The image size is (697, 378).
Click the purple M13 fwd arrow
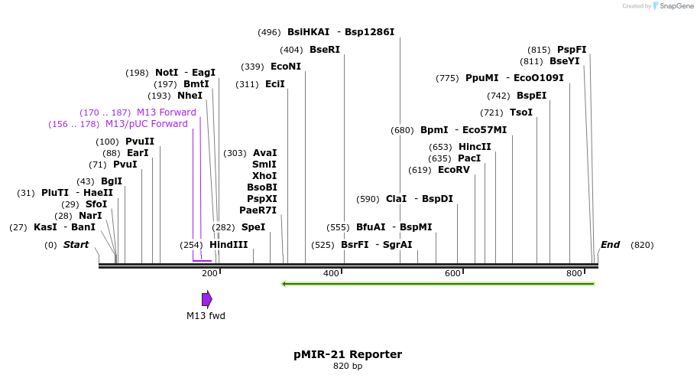206,299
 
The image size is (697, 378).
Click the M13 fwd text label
206,315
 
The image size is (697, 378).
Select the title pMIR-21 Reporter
348,354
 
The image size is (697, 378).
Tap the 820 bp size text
348,367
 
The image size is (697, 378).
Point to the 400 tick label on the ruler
331,274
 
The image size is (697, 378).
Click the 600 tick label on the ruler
452,274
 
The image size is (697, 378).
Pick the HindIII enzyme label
229,245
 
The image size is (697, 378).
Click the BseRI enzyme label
325,50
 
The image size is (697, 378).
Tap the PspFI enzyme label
572,50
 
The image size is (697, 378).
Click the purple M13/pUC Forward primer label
146,124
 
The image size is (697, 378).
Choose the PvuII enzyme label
140,142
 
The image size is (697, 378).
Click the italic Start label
76,245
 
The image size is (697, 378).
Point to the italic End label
610,245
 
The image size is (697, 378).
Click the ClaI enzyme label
396,199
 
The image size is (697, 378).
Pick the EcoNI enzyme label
286,67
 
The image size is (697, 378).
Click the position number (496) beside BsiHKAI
269,33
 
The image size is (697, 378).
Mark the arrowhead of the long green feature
284,284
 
